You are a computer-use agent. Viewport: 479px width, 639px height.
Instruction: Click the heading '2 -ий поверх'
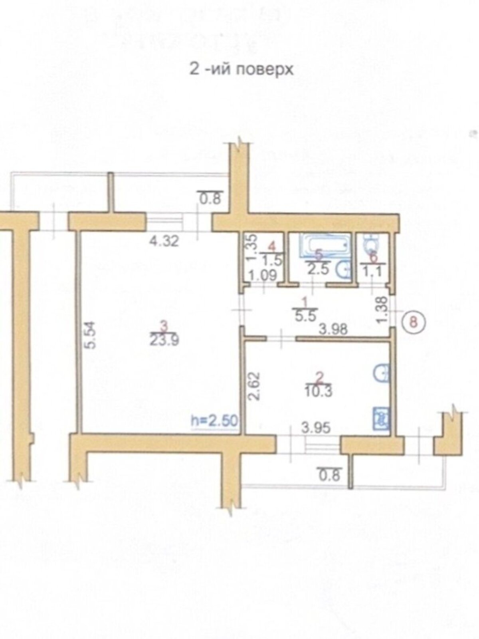click(x=241, y=70)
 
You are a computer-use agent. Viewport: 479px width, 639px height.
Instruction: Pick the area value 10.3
click(x=319, y=391)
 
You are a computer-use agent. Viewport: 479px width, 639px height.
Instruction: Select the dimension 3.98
click(x=333, y=329)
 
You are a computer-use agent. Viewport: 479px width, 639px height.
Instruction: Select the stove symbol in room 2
click(x=381, y=419)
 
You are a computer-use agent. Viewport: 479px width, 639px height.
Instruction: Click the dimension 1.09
click(x=264, y=276)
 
